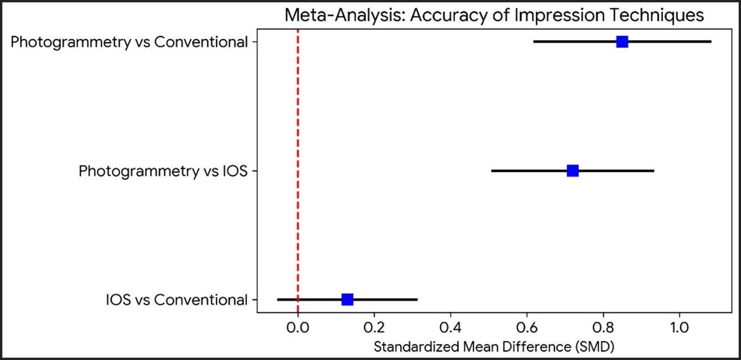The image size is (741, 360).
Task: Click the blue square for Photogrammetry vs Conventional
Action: coord(622,42)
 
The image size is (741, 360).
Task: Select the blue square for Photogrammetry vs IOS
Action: coord(573,170)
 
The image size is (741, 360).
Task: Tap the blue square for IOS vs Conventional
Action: coord(347,299)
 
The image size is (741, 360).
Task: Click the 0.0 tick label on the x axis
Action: coord(298,326)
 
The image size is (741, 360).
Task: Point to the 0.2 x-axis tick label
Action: coord(374,326)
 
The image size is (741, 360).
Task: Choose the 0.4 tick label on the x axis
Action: coord(450,326)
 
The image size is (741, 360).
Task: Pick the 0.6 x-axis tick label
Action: coord(527,326)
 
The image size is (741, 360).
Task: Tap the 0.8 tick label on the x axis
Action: coord(603,326)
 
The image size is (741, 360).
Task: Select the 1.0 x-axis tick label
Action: coord(680,326)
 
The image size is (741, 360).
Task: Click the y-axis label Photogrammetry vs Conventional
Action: coord(130,43)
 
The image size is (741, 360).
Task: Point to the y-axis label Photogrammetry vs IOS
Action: coord(163,171)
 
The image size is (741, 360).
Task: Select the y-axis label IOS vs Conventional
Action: coord(176,300)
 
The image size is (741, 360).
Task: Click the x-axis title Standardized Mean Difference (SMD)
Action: coord(493,345)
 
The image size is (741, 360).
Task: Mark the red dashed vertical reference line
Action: coord(298,168)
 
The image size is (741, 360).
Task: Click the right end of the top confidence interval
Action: coord(711,42)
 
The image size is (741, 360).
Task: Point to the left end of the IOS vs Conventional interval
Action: coord(277,299)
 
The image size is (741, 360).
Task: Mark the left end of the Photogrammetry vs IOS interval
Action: coord(492,170)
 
